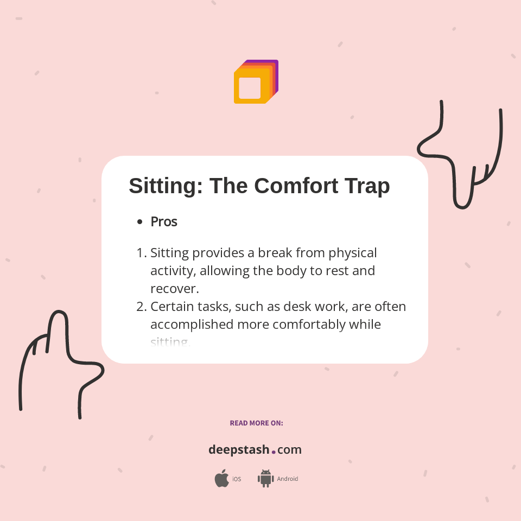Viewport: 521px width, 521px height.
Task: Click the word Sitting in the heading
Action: (165, 186)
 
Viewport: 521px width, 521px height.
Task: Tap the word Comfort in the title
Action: (296, 186)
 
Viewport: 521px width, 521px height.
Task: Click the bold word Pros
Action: (164, 221)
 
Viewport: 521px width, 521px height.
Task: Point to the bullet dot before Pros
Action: (140, 222)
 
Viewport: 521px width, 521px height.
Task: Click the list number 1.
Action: (141, 253)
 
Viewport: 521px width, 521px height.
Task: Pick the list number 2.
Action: (141, 307)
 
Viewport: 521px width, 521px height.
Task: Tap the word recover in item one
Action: (174, 288)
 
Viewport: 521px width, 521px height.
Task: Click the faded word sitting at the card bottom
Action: (170, 342)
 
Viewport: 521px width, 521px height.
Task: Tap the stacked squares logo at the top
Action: (256, 81)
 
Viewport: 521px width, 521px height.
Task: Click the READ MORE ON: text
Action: (256, 423)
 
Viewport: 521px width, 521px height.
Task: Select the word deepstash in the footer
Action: (238, 450)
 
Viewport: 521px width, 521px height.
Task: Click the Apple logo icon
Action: (221, 479)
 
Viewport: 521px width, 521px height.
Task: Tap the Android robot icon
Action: (265, 479)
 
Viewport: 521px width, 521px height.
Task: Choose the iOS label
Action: (237, 479)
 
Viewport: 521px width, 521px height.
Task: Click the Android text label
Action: (288, 479)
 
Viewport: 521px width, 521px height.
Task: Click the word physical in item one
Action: (352, 253)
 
